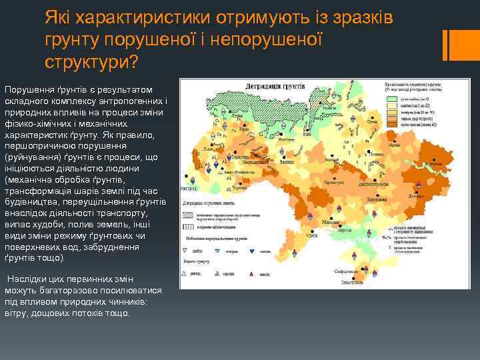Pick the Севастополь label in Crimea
(x=347, y=283)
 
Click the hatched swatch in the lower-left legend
(x=187, y=217)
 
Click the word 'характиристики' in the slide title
(x=127, y=14)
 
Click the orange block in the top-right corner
(x=460, y=43)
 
